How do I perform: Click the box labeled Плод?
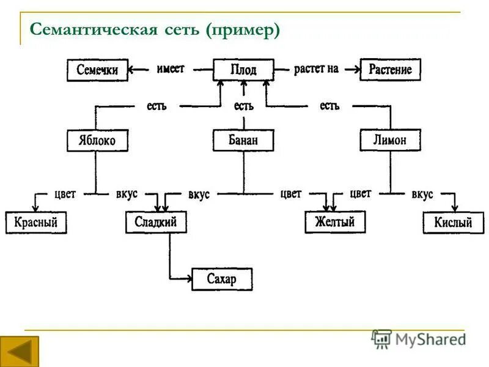[x=243, y=70]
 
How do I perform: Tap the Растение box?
[x=390, y=69]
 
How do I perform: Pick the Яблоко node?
[x=97, y=141]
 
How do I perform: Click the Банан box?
[x=243, y=140]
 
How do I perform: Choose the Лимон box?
[x=389, y=140]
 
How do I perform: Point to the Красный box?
[x=35, y=223]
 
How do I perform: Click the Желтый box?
[x=334, y=221]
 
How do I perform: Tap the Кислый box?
[x=453, y=223]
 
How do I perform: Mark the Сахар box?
[x=221, y=280]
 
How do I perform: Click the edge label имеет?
[x=171, y=69]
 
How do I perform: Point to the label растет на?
[x=316, y=69]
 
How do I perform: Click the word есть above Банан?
[x=243, y=106]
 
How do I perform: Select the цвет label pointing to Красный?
[x=65, y=194]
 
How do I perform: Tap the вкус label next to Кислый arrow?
[x=422, y=194]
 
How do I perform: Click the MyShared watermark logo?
[x=419, y=338]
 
